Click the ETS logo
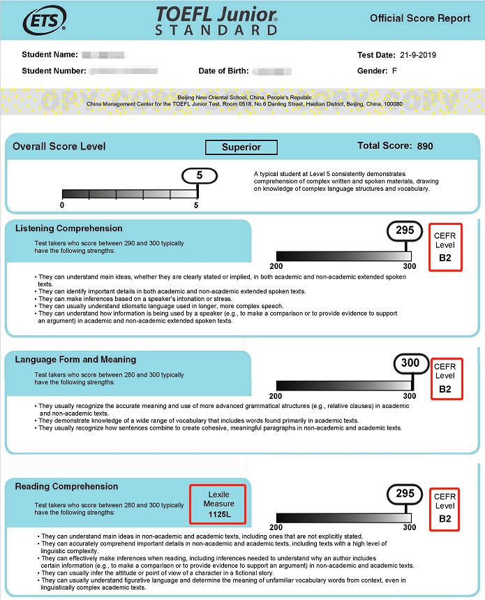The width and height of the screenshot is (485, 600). pos(44,21)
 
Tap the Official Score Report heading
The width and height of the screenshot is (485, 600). pos(419,18)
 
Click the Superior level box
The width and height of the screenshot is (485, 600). pos(241,147)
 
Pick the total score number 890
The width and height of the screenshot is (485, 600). pos(425,147)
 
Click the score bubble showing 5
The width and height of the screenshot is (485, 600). pos(199,175)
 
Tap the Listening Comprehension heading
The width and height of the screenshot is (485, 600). pos(68,228)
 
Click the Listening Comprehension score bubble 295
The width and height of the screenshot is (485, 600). pos(405,230)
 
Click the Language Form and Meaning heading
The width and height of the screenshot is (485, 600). pos(75,360)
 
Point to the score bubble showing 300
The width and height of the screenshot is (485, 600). pos(410,363)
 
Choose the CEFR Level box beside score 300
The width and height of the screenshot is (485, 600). pos(445,379)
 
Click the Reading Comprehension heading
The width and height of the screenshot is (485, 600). pos(66,487)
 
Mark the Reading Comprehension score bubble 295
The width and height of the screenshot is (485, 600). pos(405,494)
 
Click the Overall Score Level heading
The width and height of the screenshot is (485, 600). pos(59,147)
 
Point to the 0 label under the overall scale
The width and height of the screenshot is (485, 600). pos(62,205)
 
